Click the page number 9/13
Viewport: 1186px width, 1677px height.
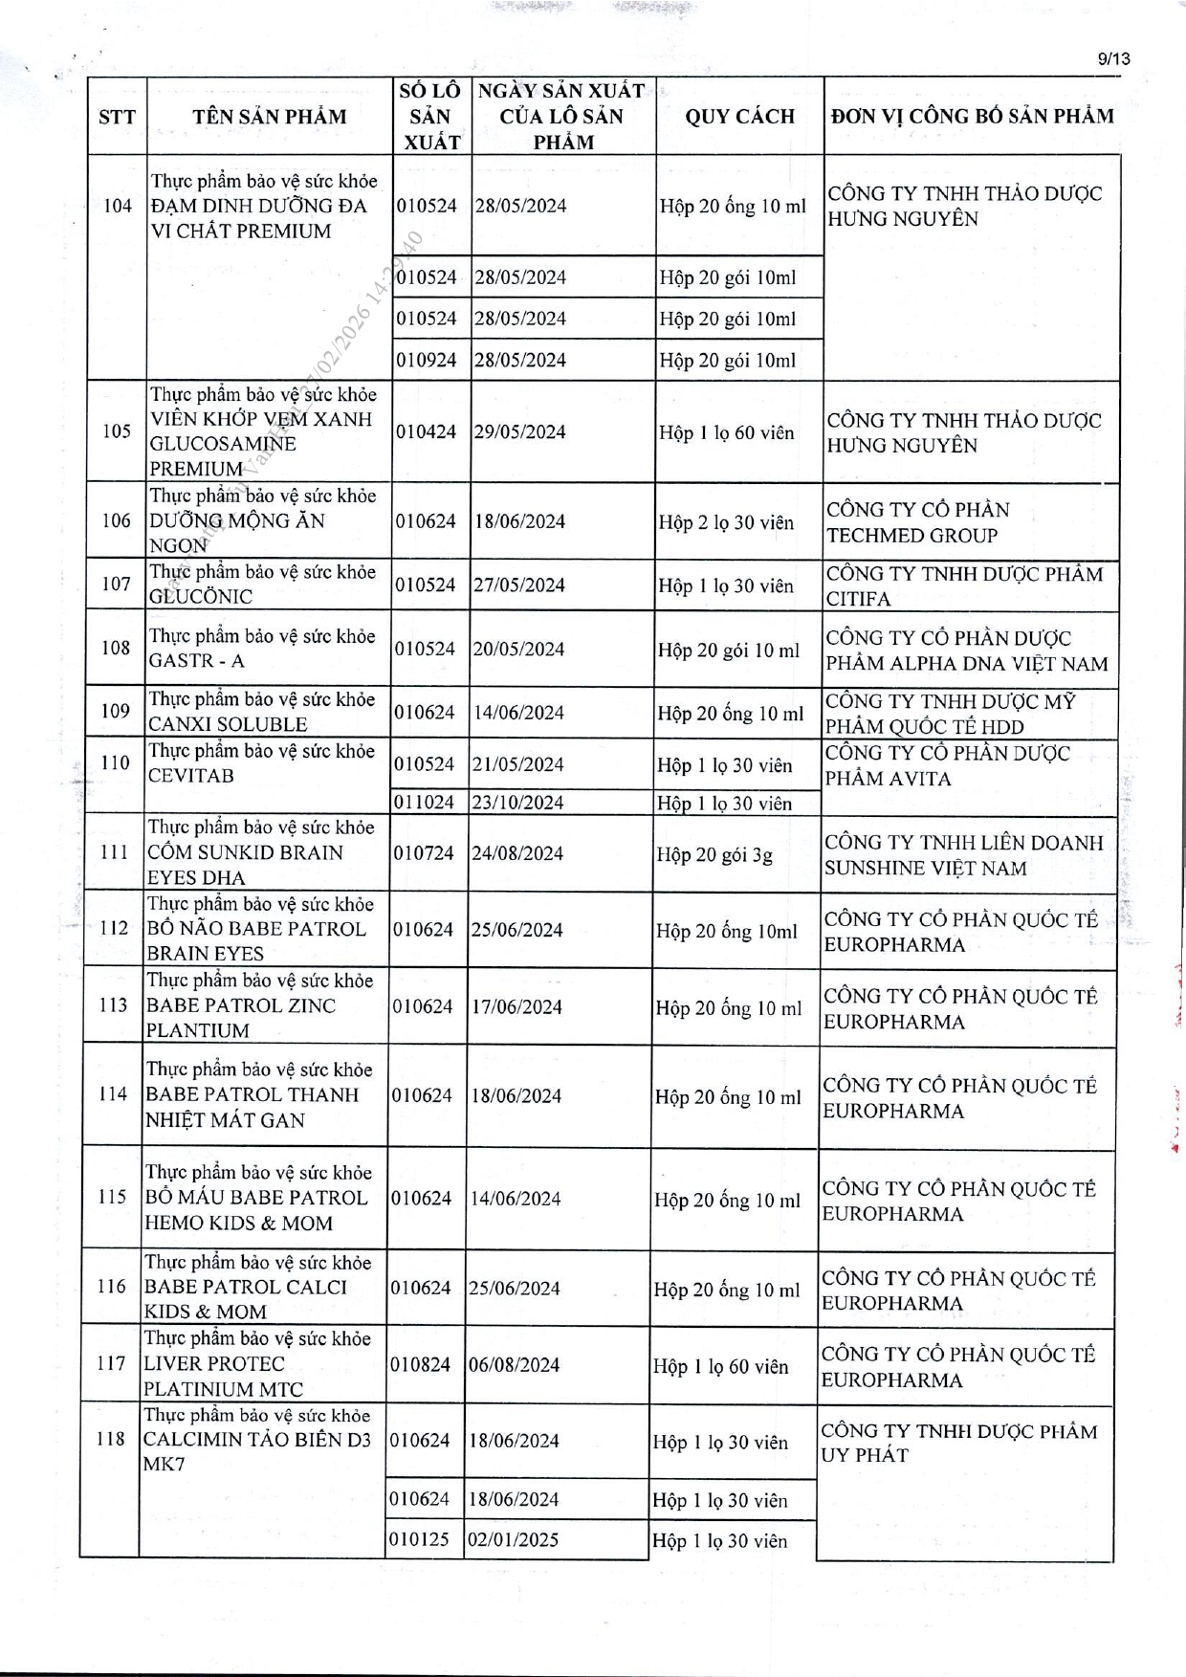pyautogui.click(x=1114, y=58)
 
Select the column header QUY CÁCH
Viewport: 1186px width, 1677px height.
pyautogui.click(x=739, y=117)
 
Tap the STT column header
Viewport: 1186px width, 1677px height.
pyautogui.click(x=117, y=117)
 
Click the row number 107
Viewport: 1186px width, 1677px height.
pyautogui.click(x=116, y=584)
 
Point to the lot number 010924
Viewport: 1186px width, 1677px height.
pyautogui.click(x=427, y=360)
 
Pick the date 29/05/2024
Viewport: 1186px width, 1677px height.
pyautogui.click(x=520, y=431)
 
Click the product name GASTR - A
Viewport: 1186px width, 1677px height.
pyautogui.click(x=196, y=660)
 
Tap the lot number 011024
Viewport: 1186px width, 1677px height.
pyautogui.click(x=424, y=802)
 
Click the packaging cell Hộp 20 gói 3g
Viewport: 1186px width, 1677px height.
pyautogui.click(x=714, y=854)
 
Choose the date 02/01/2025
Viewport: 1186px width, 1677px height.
pyautogui.click(x=513, y=1539)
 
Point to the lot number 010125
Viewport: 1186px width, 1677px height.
pyautogui.click(x=419, y=1539)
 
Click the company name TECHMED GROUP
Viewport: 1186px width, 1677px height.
pyautogui.click(x=911, y=536)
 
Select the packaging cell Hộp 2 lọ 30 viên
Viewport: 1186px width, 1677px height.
pyautogui.click(x=726, y=522)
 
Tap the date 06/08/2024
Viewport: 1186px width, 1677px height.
pyautogui.click(x=514, y=1364)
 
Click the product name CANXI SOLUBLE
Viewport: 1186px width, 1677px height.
pyautogui.click(x=228, y=724)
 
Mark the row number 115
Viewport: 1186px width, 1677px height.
pyautogui.click(x=112, y=1197)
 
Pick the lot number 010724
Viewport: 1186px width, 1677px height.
pyautogui.click(x=424, y=852)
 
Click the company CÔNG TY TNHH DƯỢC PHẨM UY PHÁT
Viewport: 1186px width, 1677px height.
pyautogui.click(x=959, y=1443)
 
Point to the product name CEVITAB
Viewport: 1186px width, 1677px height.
pyautogui.click(x=190, y=775)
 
